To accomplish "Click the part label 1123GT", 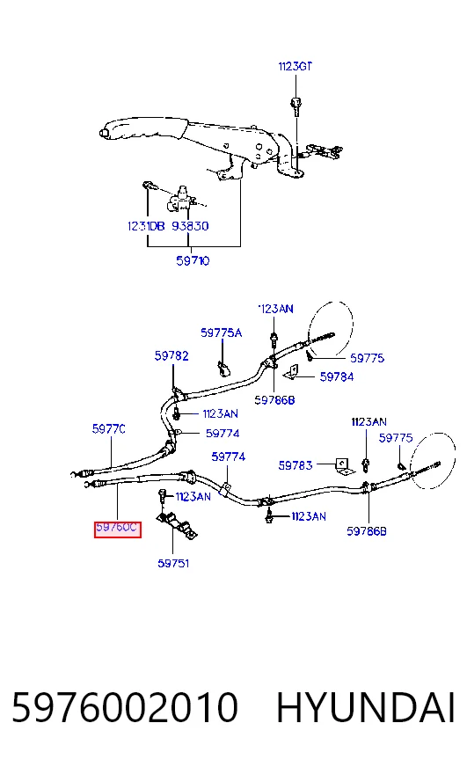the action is [x=295, y=66].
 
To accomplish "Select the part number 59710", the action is [x=193, y=260].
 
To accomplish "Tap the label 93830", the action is [x=190, y=226].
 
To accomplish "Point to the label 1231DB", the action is [x=146, y=226].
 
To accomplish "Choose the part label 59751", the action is [x=173, y=563].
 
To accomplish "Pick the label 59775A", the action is [x=221, y=332].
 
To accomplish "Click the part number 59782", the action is [x=171, y=355].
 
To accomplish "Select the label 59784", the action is [x=337, y=376].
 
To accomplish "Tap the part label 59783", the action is [x=295, y=465].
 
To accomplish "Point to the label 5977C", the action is [x=108, y=429].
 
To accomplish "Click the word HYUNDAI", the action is [x=366, y=707].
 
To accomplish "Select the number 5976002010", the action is [x=125, y=707].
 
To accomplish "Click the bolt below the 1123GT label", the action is [x=296, y=106].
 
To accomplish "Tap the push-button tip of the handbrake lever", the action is [x=103, y=133].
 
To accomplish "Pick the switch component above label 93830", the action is [x=181, y=198].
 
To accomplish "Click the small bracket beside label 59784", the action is [x=291, y=372].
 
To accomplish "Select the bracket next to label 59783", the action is [x=344, y=466].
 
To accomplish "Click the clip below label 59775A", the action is [x=223, y=368].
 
